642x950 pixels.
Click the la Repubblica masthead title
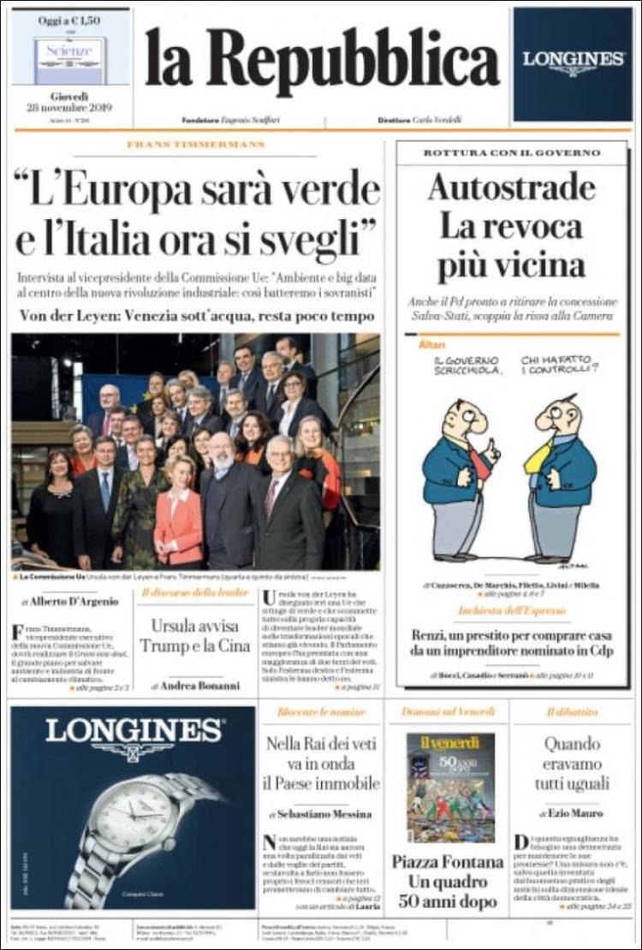[321, 62]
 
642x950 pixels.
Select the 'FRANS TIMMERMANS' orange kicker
[196, 144]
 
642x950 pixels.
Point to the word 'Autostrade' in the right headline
[511, 187]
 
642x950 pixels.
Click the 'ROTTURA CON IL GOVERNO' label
[512, 152]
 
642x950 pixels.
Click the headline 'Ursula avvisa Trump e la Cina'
[195, 634]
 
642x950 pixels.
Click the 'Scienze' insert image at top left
[70, 55]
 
